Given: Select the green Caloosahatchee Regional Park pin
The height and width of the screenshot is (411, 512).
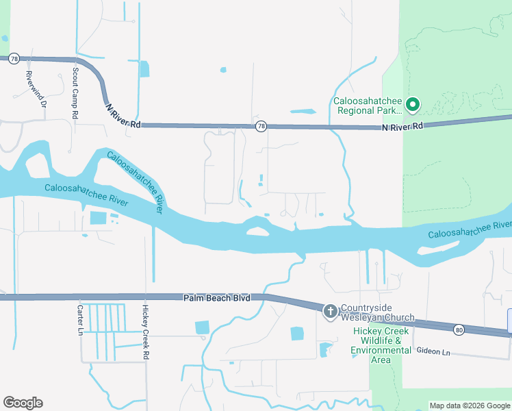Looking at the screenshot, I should tap(413, 105).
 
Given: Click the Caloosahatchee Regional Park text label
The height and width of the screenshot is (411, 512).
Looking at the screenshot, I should tap(368, 105).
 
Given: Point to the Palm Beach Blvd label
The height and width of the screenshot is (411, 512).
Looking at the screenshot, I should tap(216, 298).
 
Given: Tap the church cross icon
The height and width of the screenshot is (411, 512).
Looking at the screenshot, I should tap(330, 312).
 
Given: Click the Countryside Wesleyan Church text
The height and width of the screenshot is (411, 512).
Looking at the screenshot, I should tap(378, 312).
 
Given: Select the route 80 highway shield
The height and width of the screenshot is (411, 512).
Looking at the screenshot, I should tap(458, 330).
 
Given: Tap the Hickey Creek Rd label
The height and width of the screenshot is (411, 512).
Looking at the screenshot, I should tap(146, 332).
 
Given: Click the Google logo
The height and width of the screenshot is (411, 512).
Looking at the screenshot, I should tap(23, 403).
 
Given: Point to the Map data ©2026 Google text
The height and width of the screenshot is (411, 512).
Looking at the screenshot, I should tap(470, 406).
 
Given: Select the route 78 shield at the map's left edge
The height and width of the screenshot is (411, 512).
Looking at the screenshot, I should tap(14, 59).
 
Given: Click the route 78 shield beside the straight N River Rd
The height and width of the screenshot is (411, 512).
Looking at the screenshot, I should tap(261, 127).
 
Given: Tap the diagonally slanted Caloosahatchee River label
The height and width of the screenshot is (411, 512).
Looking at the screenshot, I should tap(135, 182).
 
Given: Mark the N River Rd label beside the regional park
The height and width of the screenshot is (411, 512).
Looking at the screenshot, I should tap(403, 126).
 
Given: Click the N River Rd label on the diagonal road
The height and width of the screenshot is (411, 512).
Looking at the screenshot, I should tap(123, 116).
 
